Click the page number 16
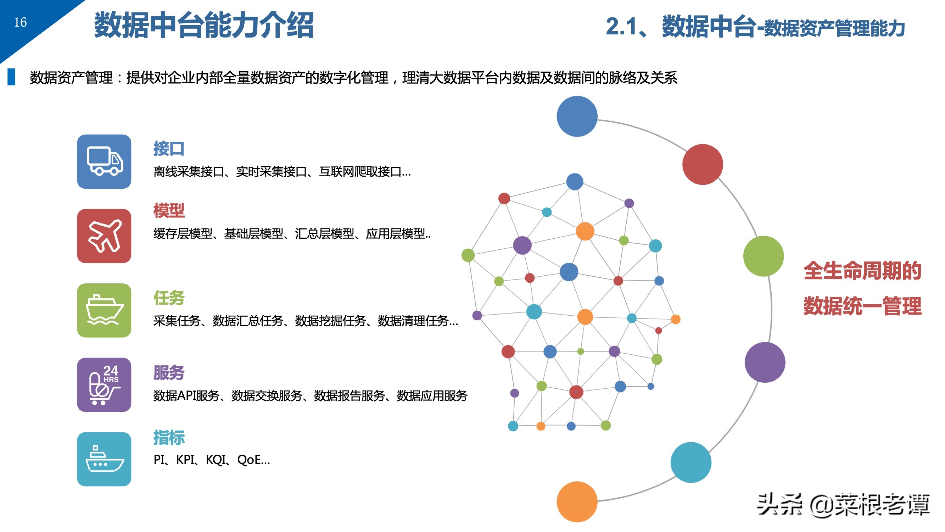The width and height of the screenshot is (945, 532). (21, 22)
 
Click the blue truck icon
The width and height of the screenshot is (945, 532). (104, 161)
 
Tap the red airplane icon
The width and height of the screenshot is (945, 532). (104, 236)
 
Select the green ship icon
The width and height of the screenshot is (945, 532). (104, 311)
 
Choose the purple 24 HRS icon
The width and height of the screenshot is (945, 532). (104, 385)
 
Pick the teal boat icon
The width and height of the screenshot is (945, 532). (104, 459)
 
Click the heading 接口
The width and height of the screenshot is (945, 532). (169, 149)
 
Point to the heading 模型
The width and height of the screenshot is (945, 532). (169, 211)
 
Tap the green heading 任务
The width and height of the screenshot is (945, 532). (169, 298)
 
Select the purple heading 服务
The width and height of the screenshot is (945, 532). (169, 373)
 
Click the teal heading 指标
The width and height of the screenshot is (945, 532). (169, 438)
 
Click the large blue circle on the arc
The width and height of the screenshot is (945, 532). (577, 116)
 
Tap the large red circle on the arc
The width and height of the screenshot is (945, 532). (703, 165)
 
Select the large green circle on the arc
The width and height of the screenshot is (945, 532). (764, 256)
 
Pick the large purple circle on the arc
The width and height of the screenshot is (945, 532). (765, 362)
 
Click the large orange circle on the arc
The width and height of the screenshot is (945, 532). (577, 502)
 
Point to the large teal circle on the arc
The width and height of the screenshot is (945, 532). (691, 462)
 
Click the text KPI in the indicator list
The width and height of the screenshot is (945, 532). (185, 460)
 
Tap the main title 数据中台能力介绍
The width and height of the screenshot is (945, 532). (204, 25)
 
